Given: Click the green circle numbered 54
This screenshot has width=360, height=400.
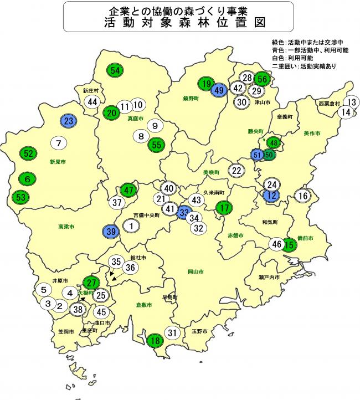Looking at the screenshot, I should point(115,70).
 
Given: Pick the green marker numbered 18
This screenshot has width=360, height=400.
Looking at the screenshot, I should point(156,340).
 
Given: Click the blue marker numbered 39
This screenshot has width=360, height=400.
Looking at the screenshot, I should point(111,231).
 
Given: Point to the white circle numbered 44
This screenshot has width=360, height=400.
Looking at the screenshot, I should point(92,102).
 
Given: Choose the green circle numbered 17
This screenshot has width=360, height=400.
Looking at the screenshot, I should point(223,208).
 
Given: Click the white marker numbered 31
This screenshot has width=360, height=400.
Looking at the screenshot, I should point(173,333).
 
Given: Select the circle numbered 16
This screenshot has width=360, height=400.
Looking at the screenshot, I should point(302,196).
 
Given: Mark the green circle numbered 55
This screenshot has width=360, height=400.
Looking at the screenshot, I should point(156,144).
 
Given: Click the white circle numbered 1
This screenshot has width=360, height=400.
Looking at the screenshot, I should point(131,225).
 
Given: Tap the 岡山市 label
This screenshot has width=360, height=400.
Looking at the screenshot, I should point(196,272).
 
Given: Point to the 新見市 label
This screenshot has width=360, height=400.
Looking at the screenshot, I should point(58,162).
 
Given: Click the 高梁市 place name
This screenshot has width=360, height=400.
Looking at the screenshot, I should point(66,227).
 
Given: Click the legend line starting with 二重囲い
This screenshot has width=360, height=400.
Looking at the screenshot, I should point(305,66).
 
